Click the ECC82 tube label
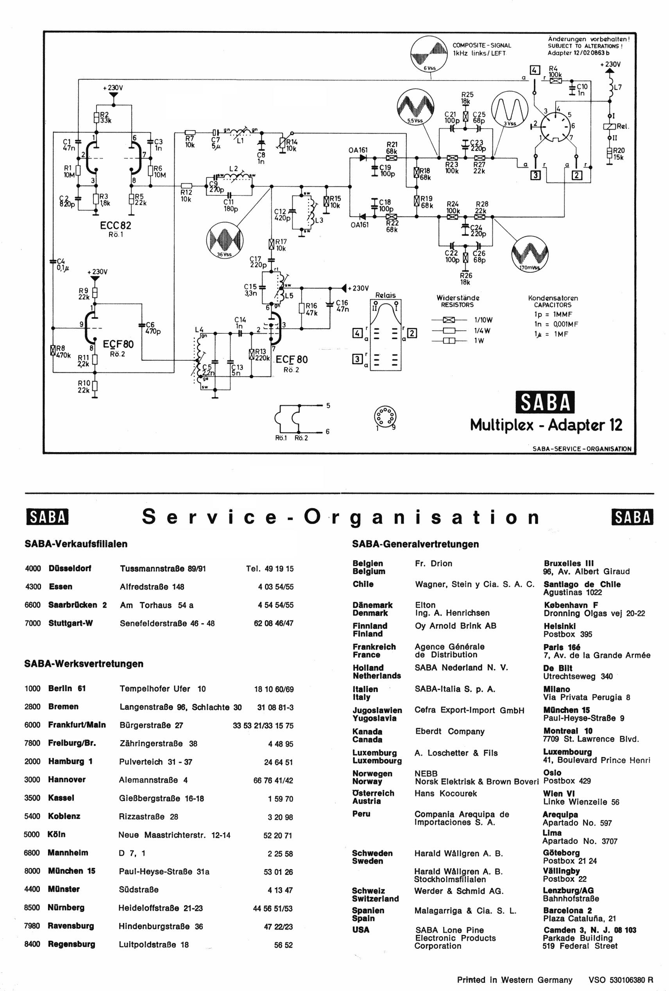pyautogui.click(x=116, y=225)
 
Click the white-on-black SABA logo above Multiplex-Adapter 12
pyautogui.click(x=545, y=402)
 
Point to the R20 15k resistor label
pyautogui.click(x=619, y=153)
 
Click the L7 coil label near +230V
pyautogui.click(x=617, y=88)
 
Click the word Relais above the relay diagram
pyautogui.click(x=385, y=295)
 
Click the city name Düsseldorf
pyautogui.click(x=70, y=569)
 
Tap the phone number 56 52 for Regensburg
pyautogui.click(x=283, y=944)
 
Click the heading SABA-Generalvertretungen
pyautogui.click(x=415, y=544)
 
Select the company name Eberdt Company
pyautogui.click(x=449, y=731)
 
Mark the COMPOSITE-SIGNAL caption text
pyautogui.click(x=481, y=45)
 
